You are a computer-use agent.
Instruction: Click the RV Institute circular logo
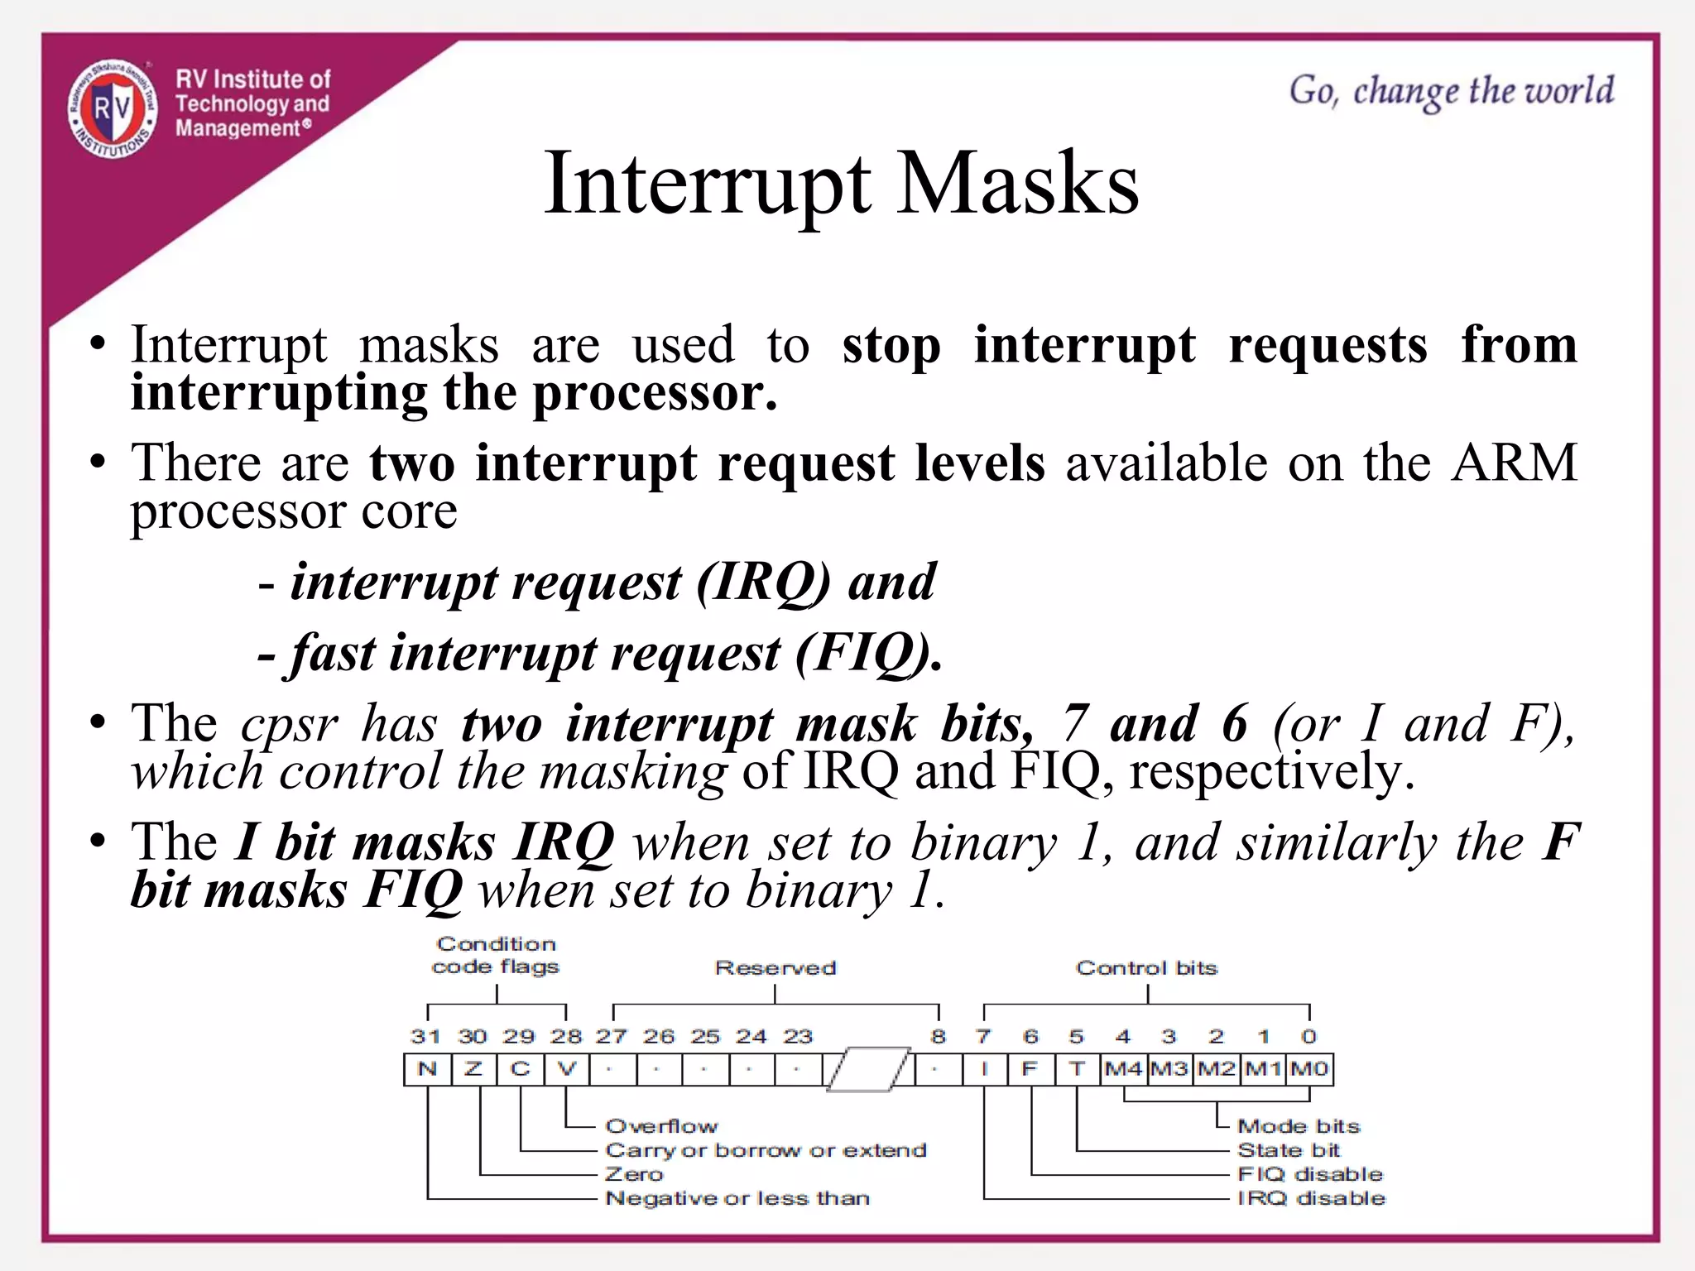pyautogui.click(x=113, y=108)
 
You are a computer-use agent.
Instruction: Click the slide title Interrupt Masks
pyautogui.click(x=841, y=184)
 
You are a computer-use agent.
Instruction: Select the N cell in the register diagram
pyautogui.click(x=427, y=1069)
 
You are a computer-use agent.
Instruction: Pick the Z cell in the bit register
pyautogui.click(x=473, y=1069)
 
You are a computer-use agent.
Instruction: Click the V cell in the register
pyautogui.click(x=567, y=1069)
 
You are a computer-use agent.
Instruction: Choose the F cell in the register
pyautogui.click(x=1030, y=1069)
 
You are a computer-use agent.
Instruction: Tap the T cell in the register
pyautogui.click(x=1077, y=1069)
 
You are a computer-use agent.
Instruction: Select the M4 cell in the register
pyautogui.click(x=1123, y=1069)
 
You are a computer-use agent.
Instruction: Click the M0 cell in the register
pyautogui.click(x=1309, y=1069)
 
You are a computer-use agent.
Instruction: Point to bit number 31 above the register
pyautogui.click(x=425, y=1036)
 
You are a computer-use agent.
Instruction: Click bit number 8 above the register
pyautogui.click(x=938, y=1036)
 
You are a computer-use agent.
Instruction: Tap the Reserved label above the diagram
pyautogui.click(x=775, y=968)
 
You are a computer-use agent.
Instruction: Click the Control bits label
pyautogui.click(x=1147, y=968)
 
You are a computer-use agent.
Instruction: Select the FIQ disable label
pyautogui.click(x=1310, y=1174)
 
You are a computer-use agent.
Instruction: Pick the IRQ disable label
pyautogui.click(x=1311, y=1198)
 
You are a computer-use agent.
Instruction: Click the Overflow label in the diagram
pyautogui.click(x=662, y=1126)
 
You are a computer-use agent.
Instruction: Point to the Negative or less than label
pyautogui.click(x=737, y=1198)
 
